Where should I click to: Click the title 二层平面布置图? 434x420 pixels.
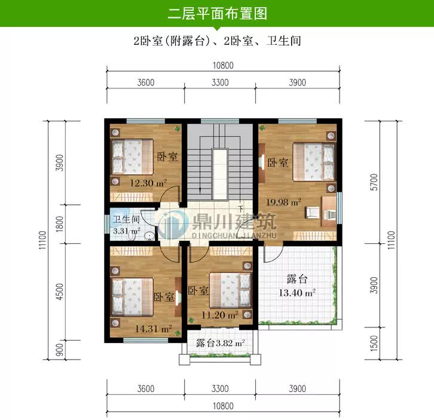[217, 13]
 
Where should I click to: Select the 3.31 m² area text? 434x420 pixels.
[126, 230]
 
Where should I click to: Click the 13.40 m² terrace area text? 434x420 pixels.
[297, 293]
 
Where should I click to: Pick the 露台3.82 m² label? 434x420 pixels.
[221, 343]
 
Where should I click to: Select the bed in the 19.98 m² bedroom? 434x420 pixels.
[312, 160]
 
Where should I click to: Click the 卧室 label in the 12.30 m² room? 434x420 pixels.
[167, 157]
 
